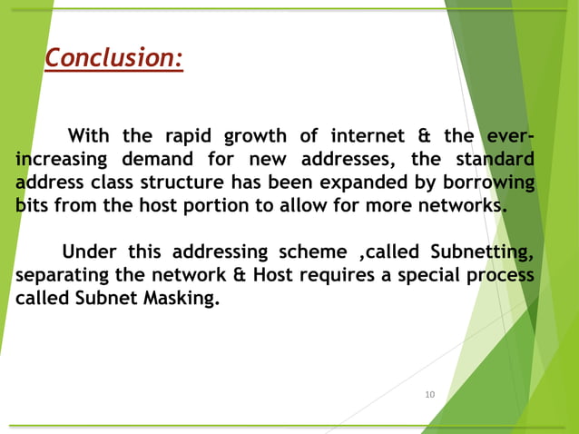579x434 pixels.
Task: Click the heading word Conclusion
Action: tap(113, 58)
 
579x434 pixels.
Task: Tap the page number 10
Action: tap(430, 394)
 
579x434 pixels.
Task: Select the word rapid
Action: tap(191, 137)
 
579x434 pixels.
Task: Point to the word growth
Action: tap(260, 137)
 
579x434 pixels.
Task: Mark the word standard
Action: tap(496, 160)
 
